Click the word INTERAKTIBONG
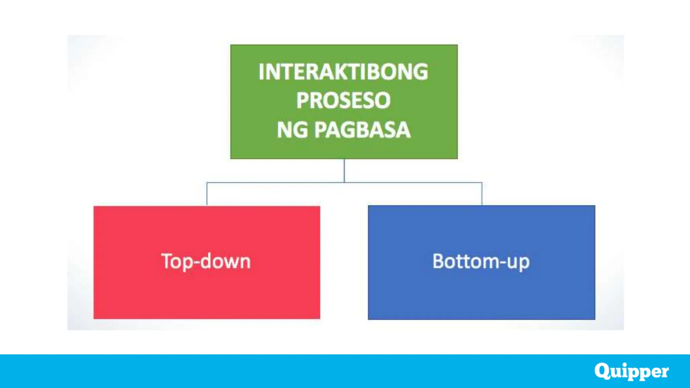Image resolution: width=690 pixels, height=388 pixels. coord(343,72)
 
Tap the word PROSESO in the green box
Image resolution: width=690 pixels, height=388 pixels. coord(343,100)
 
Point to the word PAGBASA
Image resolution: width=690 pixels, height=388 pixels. coord(363,130)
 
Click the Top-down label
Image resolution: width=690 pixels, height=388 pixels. coord(206,261)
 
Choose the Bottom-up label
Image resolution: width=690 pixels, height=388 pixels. coord(481,261)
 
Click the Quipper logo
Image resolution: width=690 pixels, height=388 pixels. coord(631,371)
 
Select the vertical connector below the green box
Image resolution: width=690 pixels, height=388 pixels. coord(344,170)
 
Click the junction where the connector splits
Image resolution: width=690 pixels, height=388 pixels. coord(344,183)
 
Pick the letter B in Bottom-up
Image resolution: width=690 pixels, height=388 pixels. coord(439,261)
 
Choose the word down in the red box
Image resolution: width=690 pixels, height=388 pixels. coord(225,261)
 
